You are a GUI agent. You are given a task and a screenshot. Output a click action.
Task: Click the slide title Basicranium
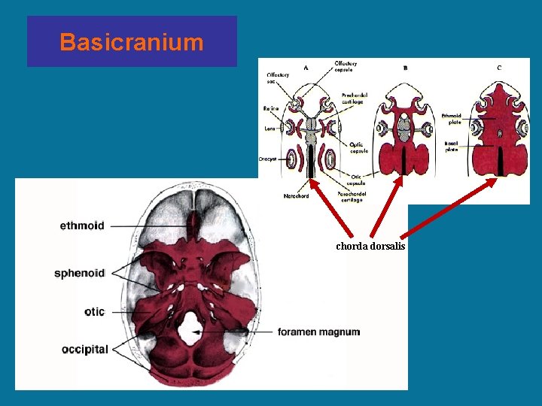[x=132, y=42]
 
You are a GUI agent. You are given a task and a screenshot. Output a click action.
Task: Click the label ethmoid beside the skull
[x=82, y=225]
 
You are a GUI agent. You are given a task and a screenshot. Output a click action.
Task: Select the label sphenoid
[x=79, y=273]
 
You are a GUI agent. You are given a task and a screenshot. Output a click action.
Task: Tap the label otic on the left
[x=94, y=311]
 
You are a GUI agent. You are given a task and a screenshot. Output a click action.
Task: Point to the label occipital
[x=85, y=349]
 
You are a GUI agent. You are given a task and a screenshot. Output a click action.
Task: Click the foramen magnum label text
[x=318, y=332]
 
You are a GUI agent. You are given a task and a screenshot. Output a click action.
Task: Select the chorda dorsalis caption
[x=370, y=246]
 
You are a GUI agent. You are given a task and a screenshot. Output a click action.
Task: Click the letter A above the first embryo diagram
[x=306, y=68]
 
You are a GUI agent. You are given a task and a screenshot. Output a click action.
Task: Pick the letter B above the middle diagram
[x=406, y=68]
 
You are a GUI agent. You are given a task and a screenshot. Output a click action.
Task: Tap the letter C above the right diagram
[x=498, y=68]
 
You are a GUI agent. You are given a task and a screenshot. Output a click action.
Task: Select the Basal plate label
[x=452, y=146]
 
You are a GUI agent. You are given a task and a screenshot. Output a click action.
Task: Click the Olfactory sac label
[x=276, y=78]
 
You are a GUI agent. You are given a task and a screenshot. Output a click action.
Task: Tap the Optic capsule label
[x=358, y=147]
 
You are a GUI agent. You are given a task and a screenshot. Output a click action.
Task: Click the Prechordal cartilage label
[x=355, y=98]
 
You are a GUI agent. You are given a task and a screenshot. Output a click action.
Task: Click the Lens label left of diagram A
[x=269, y=129]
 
